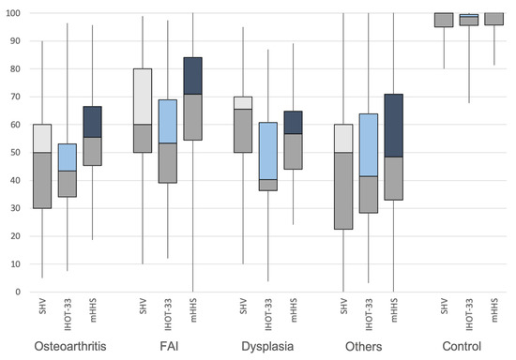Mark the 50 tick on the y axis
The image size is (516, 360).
coord(13,153)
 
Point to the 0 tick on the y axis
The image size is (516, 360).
coord(16,292)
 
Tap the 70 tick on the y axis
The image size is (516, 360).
coord(13,97)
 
